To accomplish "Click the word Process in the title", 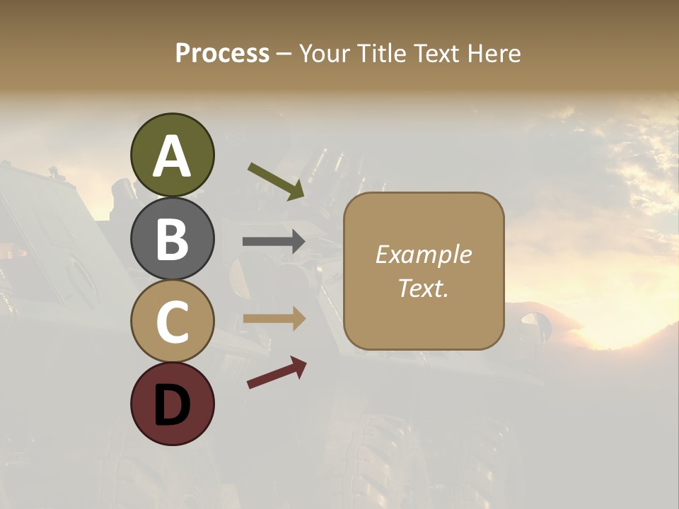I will [x=222, y=54].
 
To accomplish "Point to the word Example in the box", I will [x=423, y=255].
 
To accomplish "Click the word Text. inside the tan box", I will [x=423, y=288].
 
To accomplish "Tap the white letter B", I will [x=172, y=239].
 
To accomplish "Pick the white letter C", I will [x=172, y=322].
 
